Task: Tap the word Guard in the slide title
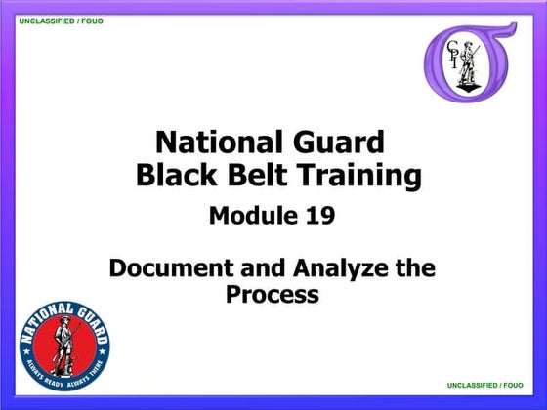(x=336, y=143)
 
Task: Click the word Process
(x=273, y=293)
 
